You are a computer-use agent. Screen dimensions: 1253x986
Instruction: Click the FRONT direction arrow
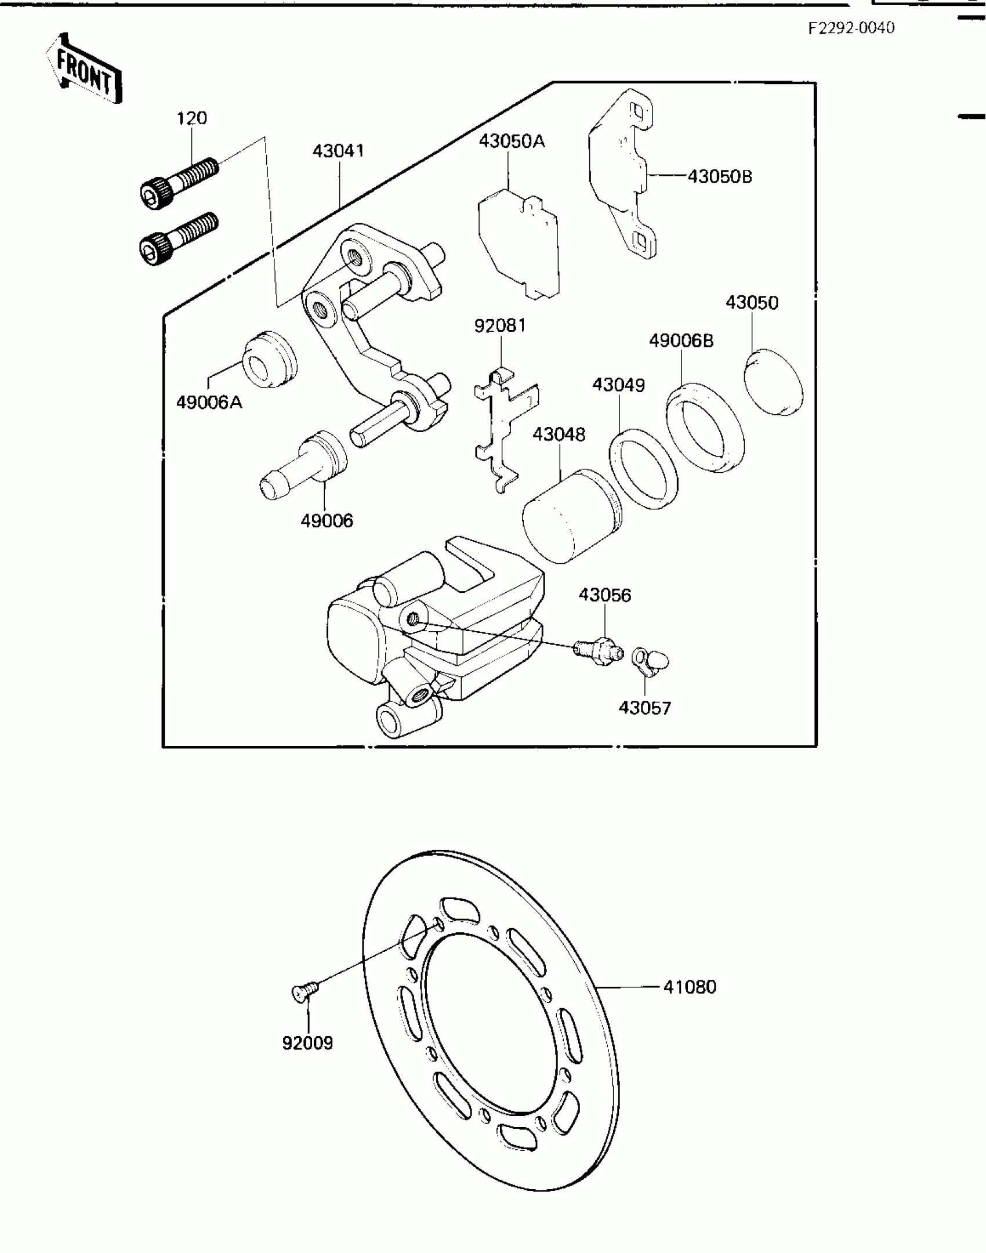84,69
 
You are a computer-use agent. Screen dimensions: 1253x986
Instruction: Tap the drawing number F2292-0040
851,28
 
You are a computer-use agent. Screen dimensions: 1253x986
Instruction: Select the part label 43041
338,151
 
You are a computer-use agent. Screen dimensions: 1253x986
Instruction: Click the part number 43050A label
512,141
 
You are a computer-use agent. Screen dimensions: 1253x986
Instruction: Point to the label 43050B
719,176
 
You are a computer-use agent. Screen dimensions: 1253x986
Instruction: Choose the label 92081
500,325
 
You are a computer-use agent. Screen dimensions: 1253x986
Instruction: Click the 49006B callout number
681,341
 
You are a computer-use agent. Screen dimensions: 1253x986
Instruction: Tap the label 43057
644,708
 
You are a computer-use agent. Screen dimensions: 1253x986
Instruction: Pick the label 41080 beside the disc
690,987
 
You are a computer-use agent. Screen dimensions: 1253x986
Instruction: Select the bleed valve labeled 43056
597,651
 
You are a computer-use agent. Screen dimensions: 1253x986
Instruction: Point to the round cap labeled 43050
773,382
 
